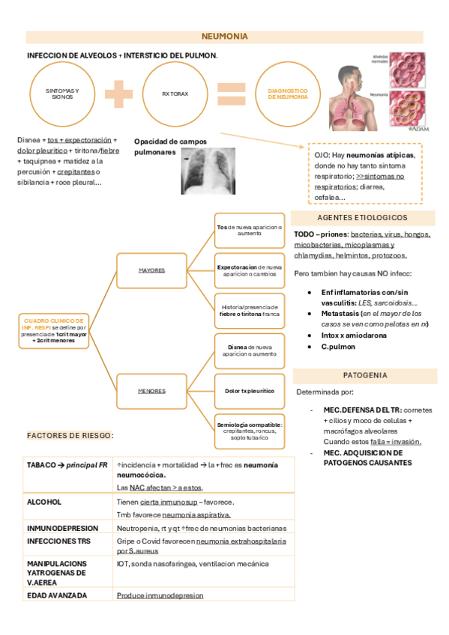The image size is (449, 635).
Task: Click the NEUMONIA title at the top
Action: click(224, 37)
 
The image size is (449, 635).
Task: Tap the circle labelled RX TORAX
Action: click(174, 94)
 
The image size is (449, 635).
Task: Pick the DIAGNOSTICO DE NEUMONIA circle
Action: click(287, 94)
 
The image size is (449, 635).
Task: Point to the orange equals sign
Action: click(231, 94)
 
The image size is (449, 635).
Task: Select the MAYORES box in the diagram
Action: click(152, 270)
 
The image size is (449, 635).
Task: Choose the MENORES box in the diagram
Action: click(152, 391)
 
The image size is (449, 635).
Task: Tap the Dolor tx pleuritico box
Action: click(249, 391)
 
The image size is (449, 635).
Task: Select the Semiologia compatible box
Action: click(249, 428)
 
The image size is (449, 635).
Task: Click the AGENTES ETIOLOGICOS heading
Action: click(362, 217)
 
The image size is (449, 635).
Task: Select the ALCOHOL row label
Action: click(44, 502)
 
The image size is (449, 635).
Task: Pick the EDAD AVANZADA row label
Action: click(57, 595)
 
